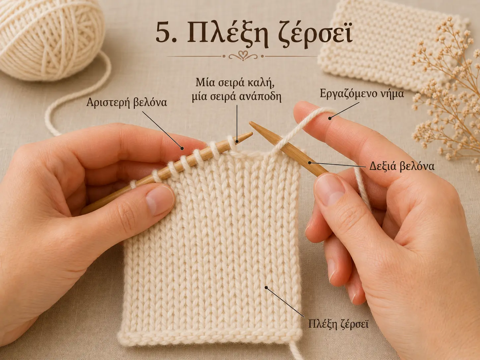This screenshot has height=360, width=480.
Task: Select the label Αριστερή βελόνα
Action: (x=127, y=102)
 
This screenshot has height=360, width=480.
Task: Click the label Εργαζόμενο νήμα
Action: (x=362, y=94)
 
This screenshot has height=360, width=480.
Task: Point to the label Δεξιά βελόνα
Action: (x=402, y=166)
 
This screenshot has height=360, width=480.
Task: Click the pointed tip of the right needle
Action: (x=250, y=122)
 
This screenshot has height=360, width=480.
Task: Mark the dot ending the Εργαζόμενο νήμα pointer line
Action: (x=329, y=118)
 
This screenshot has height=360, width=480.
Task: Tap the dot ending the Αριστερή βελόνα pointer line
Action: (x=182, y=149)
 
